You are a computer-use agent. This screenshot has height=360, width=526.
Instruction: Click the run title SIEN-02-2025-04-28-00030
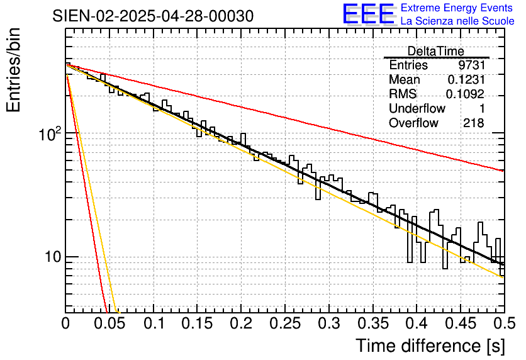tap(154, 16)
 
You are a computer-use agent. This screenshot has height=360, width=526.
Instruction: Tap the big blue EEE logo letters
tap(369, 14)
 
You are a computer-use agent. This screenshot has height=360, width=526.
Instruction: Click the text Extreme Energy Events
tap(457, 8)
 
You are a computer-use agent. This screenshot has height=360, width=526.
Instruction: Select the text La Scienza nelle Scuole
tap(457, 21)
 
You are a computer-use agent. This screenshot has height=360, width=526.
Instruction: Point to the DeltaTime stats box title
tap(435, 52)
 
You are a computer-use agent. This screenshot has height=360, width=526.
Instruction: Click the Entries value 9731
tap(471, 65)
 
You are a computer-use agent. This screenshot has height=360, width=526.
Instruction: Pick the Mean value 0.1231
tap(466, 80)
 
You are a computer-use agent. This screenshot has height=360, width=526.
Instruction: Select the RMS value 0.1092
tap(465, 94)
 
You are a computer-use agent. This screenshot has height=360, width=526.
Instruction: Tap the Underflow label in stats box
tap(417, 109)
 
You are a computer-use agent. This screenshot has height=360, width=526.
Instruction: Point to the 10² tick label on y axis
tap(48, 134)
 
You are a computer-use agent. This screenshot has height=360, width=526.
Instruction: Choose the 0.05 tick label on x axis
tap(109, 325)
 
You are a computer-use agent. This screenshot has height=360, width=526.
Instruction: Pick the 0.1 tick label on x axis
tap(154, 325)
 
